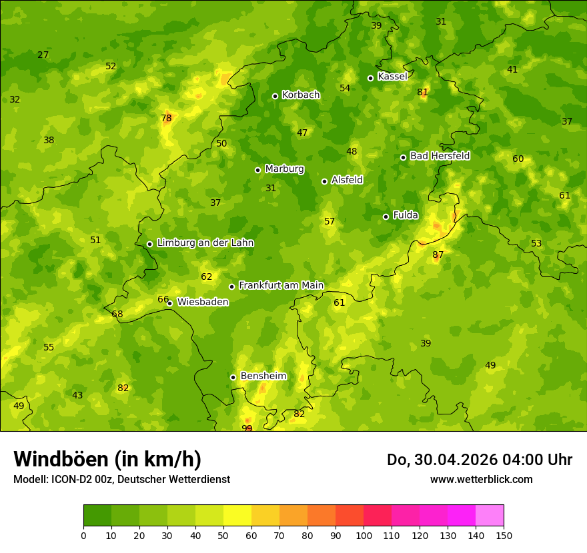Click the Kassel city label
pos(392,77)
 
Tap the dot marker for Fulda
pos(386,217)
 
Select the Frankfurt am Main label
pos(281,285)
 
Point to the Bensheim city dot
pos(233,377)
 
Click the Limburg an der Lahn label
pos(205,243)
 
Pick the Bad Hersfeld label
pos(440,156)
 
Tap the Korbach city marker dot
pos(275,96)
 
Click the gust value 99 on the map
pos(247,428)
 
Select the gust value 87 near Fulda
pos(438,255)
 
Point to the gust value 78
pos(166,119)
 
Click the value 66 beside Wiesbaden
pos(163,299)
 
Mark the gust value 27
pos(43,55)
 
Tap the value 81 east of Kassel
pos(422,92)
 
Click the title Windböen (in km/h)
pos(107,459)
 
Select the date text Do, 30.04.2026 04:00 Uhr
pos(479,460)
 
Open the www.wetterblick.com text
pos(481,479)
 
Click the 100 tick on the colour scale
pos(364,535)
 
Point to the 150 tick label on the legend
pos(503,535)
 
